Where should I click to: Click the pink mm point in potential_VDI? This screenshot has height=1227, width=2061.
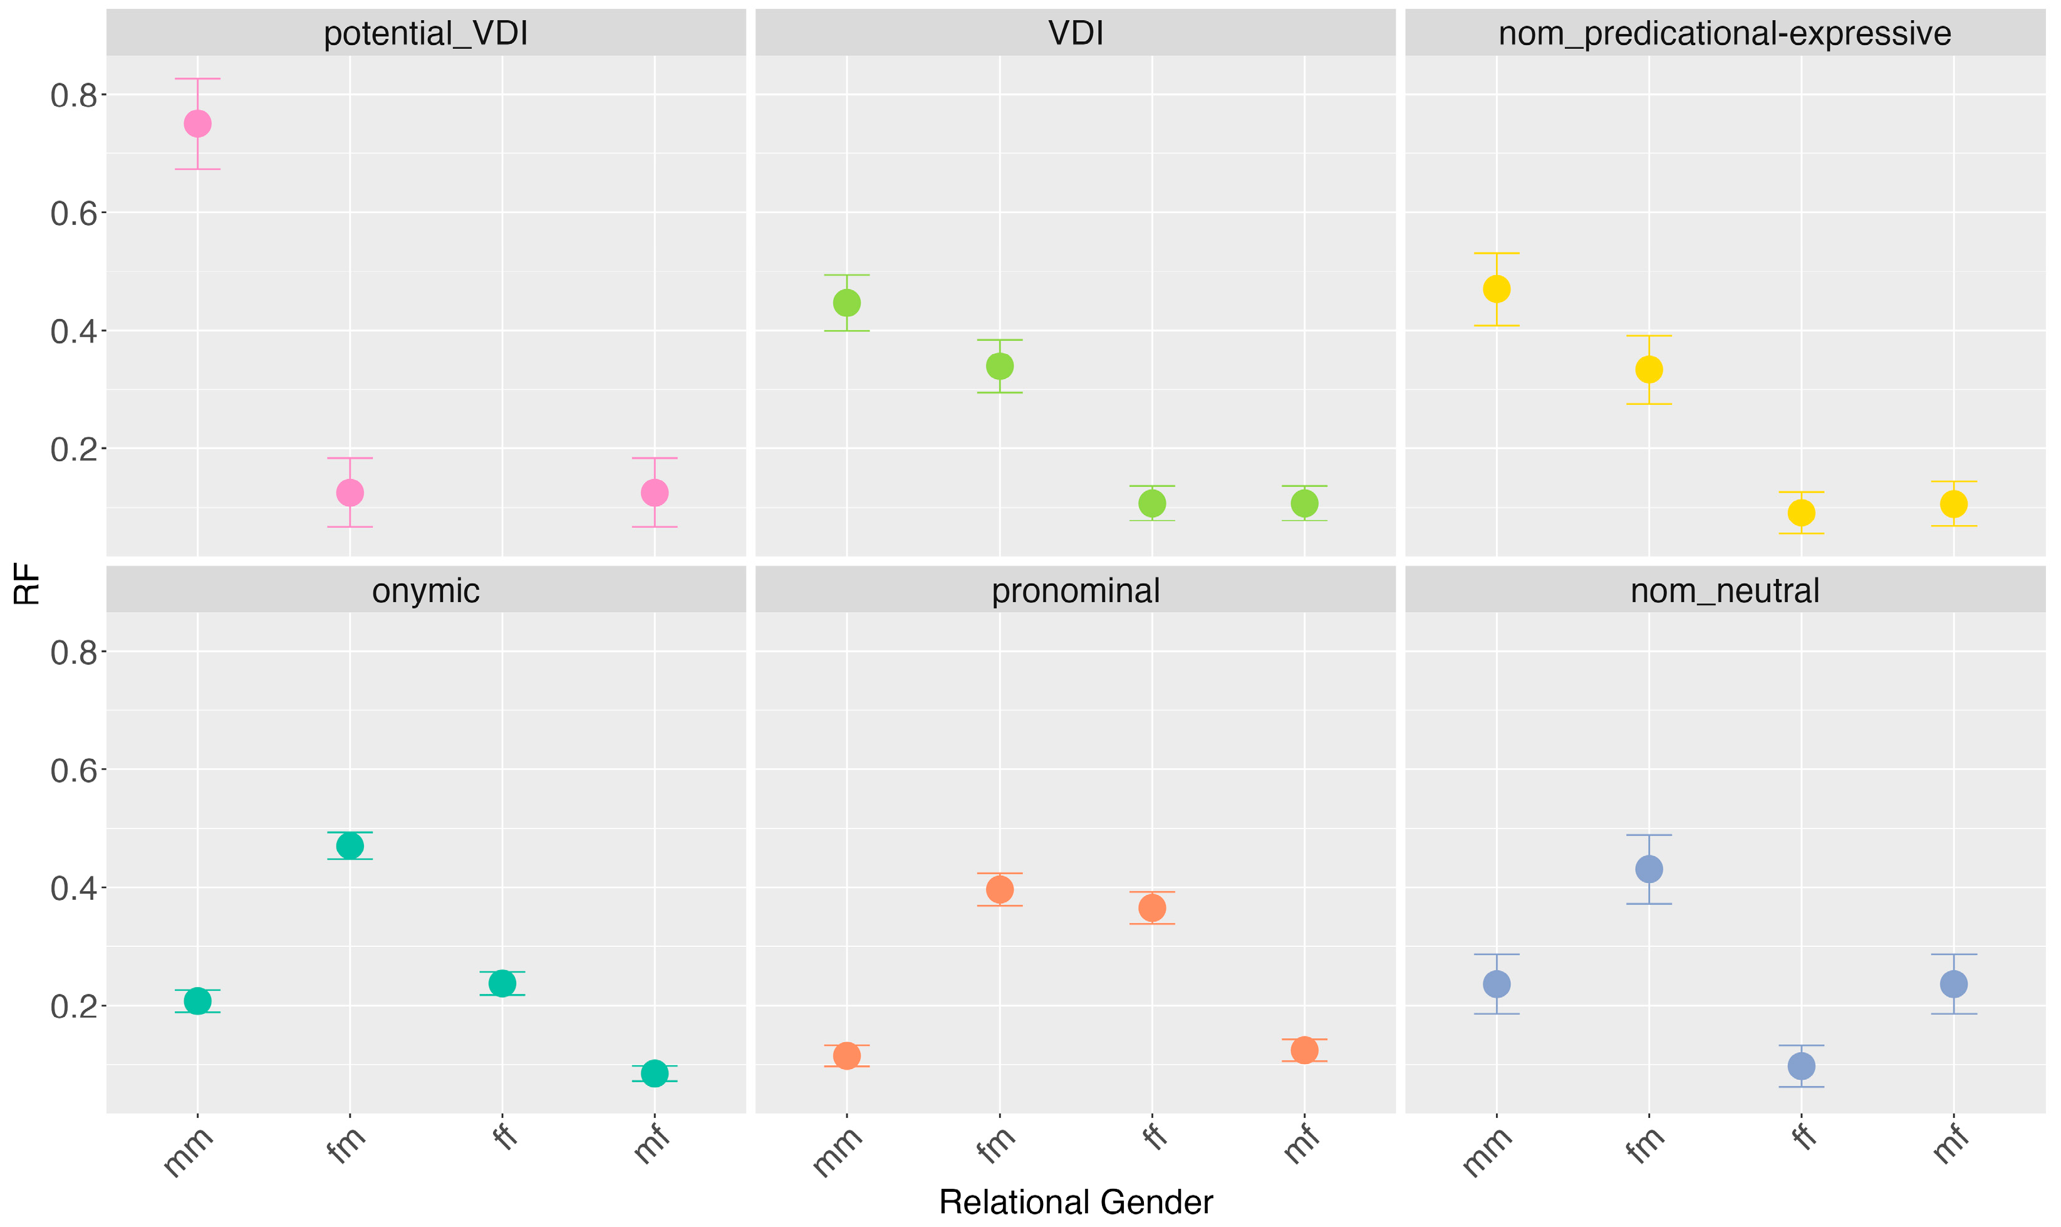(x=197, y=124)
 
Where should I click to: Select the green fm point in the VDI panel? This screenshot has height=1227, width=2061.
(x=999, y=365)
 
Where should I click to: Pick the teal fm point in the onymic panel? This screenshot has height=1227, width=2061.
(x=350, y=846)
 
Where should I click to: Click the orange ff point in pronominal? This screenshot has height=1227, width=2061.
(x=1152, y=908)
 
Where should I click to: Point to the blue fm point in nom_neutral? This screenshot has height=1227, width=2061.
(x=1649, y=869)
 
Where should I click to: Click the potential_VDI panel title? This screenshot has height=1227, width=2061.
(x=425, y=34)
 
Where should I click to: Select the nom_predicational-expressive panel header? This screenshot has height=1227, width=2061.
(x=1725, y=34)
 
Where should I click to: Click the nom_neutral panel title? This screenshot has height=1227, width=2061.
(x=1725, y=591)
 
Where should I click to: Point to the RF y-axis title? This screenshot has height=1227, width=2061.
(x=28, y=584)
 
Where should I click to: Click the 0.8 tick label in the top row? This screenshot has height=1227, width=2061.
(x=75, y=96)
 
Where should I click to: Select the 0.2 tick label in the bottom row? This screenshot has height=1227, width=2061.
(x=75, y=1007)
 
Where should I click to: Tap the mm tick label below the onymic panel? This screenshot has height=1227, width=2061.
(x=189, y=1152)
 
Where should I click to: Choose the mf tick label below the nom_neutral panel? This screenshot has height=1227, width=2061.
(x=1951, y=1144)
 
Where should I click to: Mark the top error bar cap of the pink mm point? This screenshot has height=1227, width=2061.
(x=197, y=78)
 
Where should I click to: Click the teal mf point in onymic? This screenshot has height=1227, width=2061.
(x=655, y=1073)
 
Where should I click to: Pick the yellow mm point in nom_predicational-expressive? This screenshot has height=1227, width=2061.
(x=1497, y=290)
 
